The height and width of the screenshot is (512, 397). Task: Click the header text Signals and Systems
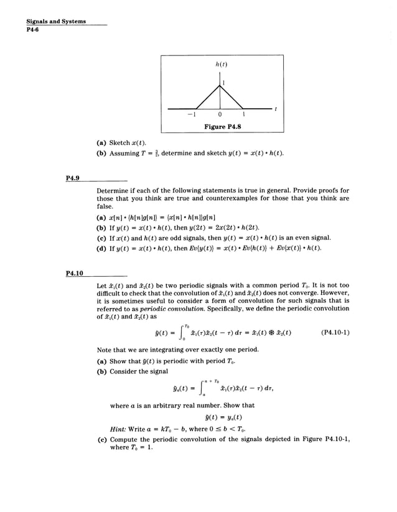[x=52, y=21]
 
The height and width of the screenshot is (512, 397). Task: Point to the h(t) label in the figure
[x=221, y=65]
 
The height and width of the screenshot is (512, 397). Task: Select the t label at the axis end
[x=275, y=109]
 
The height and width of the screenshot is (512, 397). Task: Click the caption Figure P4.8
[x=222, y=126]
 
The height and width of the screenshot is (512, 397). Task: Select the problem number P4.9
[x=73, y=177]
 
